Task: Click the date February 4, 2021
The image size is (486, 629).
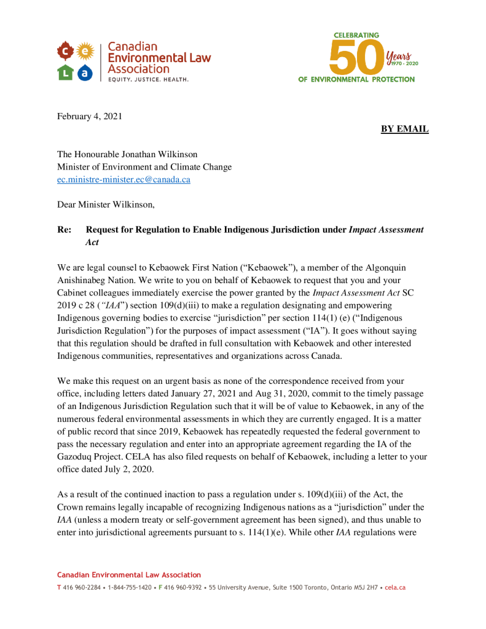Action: (90, 116)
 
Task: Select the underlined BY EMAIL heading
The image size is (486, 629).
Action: (404, 129)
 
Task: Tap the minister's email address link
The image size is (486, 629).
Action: (123, 179)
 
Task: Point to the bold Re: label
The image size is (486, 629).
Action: (65, 230)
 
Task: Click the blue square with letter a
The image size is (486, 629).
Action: (86, 72)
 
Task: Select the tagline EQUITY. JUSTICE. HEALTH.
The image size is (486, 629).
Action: (148, 80)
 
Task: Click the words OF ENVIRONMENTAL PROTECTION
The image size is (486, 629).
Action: (356, 80)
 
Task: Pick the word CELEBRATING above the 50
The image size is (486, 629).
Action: (356, 36)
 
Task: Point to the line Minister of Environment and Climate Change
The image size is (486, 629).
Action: (144, 166)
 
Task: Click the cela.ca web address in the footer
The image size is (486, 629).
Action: (395, 588)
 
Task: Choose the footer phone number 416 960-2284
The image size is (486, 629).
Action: (82, 588)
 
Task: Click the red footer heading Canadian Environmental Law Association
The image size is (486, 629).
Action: (129, 575)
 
